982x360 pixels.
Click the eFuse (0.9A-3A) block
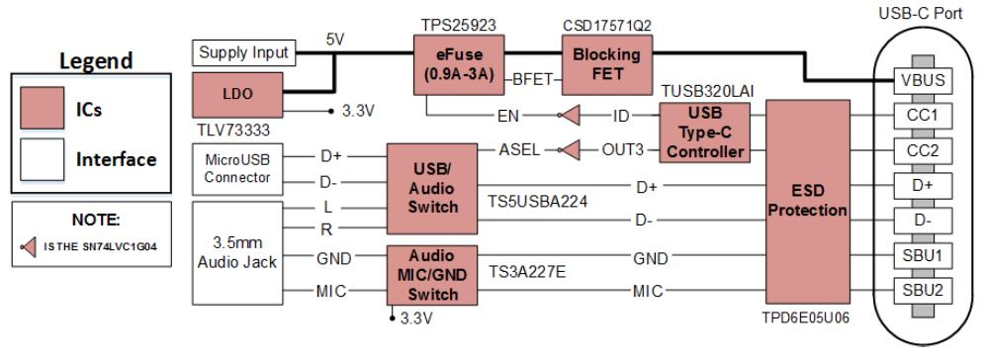coord(459,65)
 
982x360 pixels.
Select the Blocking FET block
coord(607,64)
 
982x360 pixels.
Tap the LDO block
coord(237,95)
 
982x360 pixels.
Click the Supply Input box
coord(243,52)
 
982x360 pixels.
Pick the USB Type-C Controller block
coord(705,133)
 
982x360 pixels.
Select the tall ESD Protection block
coord(808,201)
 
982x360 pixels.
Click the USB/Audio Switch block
coord(432,189)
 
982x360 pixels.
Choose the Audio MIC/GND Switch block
coord(432,275)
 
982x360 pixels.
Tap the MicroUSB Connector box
coord(237,168)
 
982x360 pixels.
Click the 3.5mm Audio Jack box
coord(237,253)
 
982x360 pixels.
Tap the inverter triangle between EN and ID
coord(569,115)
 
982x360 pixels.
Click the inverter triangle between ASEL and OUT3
coord(569,150)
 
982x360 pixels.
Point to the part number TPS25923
coord(459,26)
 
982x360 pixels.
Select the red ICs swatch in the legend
coord(42,108)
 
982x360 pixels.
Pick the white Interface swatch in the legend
coord(42,159)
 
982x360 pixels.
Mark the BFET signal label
coord(533,79)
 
